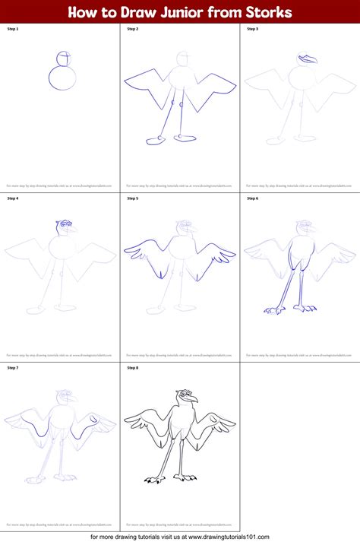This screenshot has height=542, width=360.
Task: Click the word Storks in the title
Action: click(x=270, y=12)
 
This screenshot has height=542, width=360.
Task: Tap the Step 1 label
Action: click(x=13, y=29)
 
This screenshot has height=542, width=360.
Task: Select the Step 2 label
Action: click(x=133, y=29)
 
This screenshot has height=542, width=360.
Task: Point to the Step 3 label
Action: click(x=253, y=29)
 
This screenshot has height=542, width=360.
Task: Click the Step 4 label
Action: click(x=13, y=198)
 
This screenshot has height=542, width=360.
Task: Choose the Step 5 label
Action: click(x=133, y=198)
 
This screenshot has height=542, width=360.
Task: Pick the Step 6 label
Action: click(x=253, y=198)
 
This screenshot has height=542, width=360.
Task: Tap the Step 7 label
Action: click(x=13, y=368)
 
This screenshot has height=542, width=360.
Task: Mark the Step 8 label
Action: click(x=133, y=368)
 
